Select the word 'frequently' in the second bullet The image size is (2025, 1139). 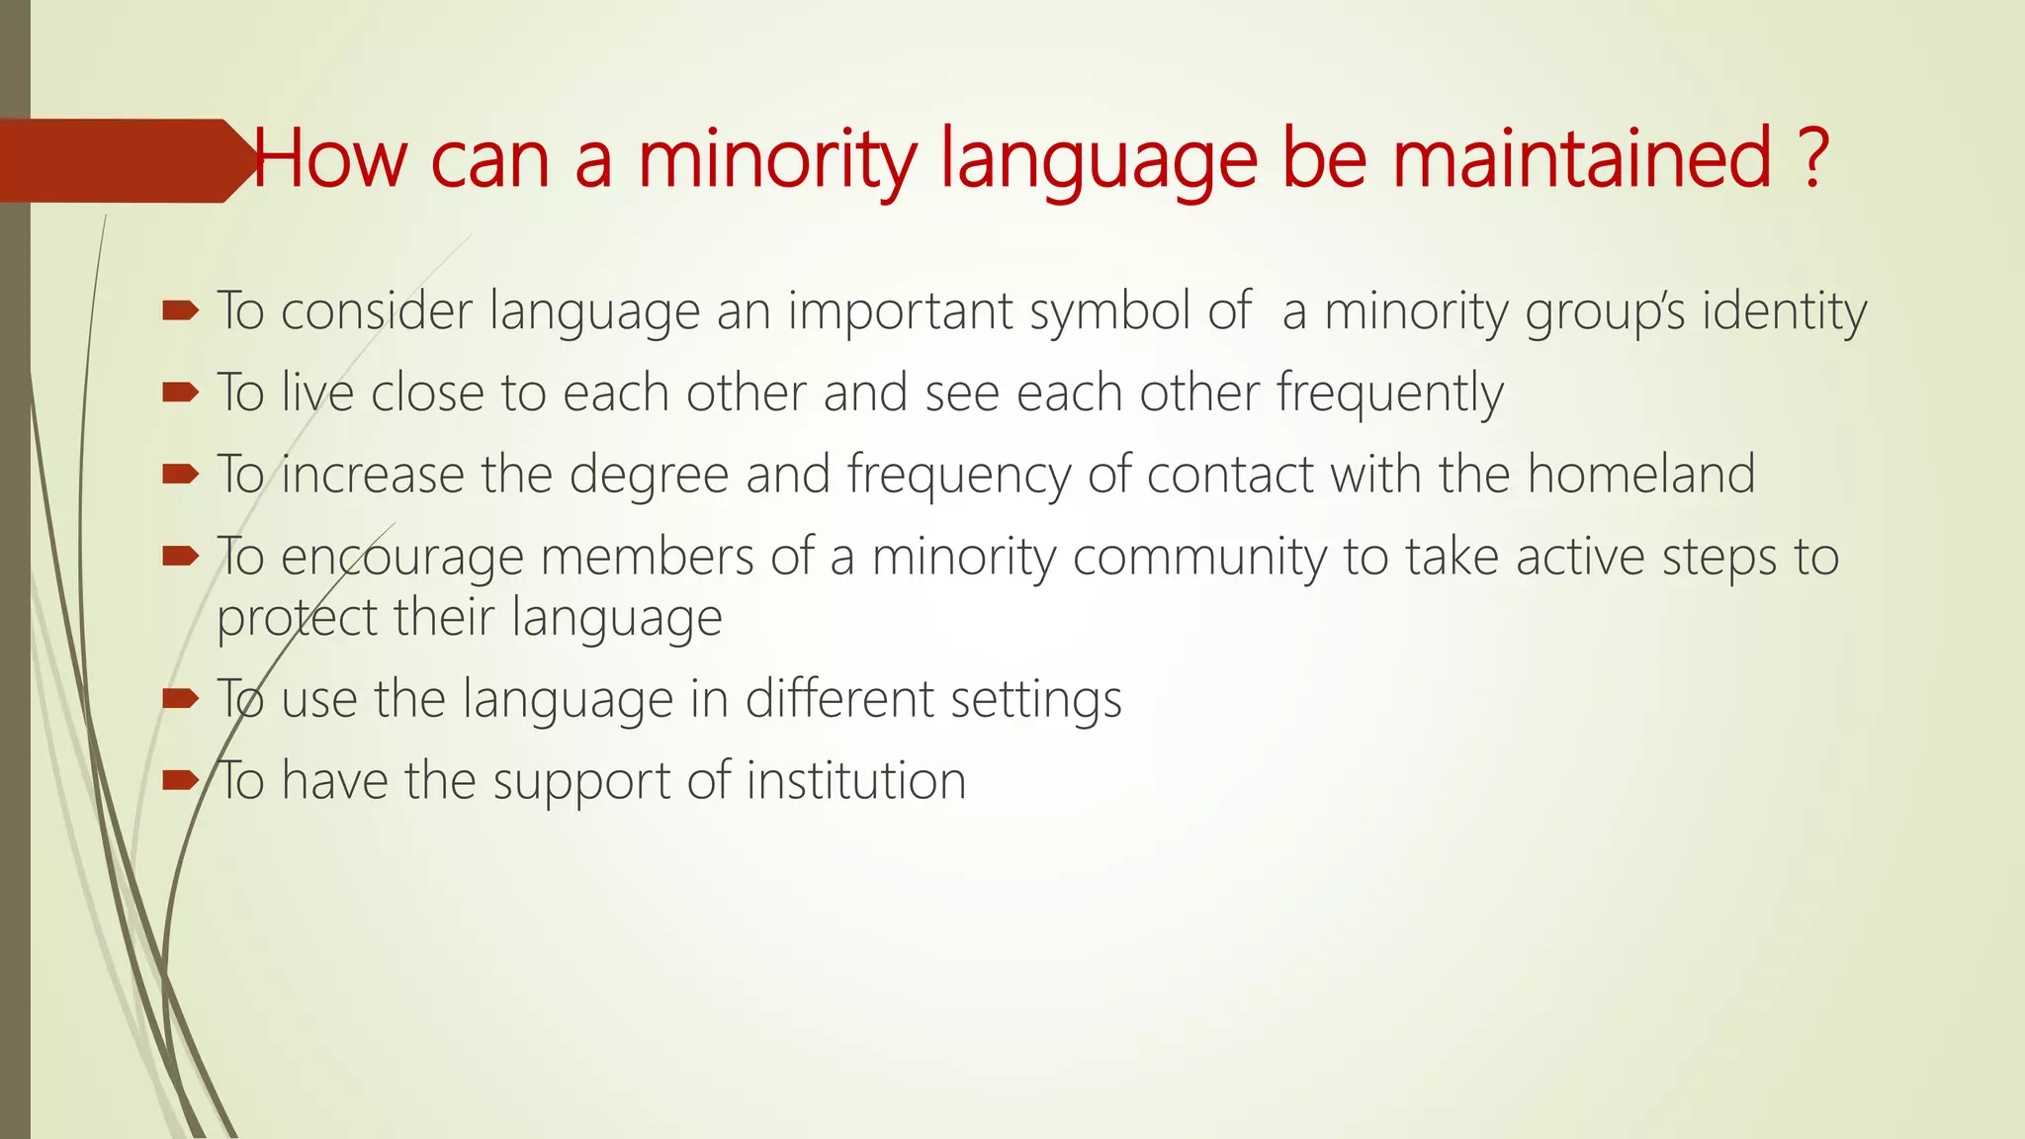pyautogui.click(x=1389, y=394)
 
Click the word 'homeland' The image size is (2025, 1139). pyautogui.click(x=1641, y=475)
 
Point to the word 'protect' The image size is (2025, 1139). pyautogui.click(x=297, y=619)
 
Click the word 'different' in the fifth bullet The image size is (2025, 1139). pyautogui.click(x=839, y=700)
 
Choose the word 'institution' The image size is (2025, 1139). pyautogui.click(x=855, y=781)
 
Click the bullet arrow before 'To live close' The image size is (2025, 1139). pyautogui.click(x=181, y=394)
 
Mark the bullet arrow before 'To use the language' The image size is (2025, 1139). pyautogui.click(x=181, y=700)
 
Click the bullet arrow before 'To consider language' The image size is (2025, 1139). pyautogui.click(x=181, y=311)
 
